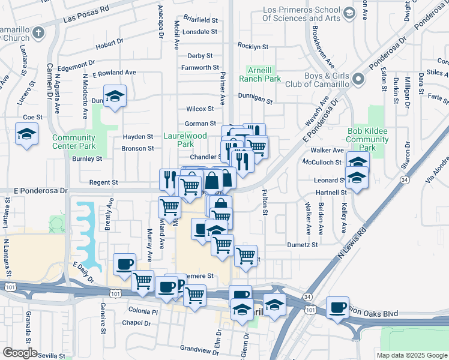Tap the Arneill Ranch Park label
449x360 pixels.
[x=260, y=74]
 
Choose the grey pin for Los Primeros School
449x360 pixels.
[x=349, y=13]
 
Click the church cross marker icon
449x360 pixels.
[x=38, y=33]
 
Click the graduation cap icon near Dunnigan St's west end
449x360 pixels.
[x=115, y=96]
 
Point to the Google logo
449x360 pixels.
[x=20, y=352]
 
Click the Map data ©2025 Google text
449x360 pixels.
[x=411, y=355]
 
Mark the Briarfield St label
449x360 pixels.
[x=200, y=19]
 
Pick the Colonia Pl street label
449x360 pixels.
[x=143, y=311]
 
